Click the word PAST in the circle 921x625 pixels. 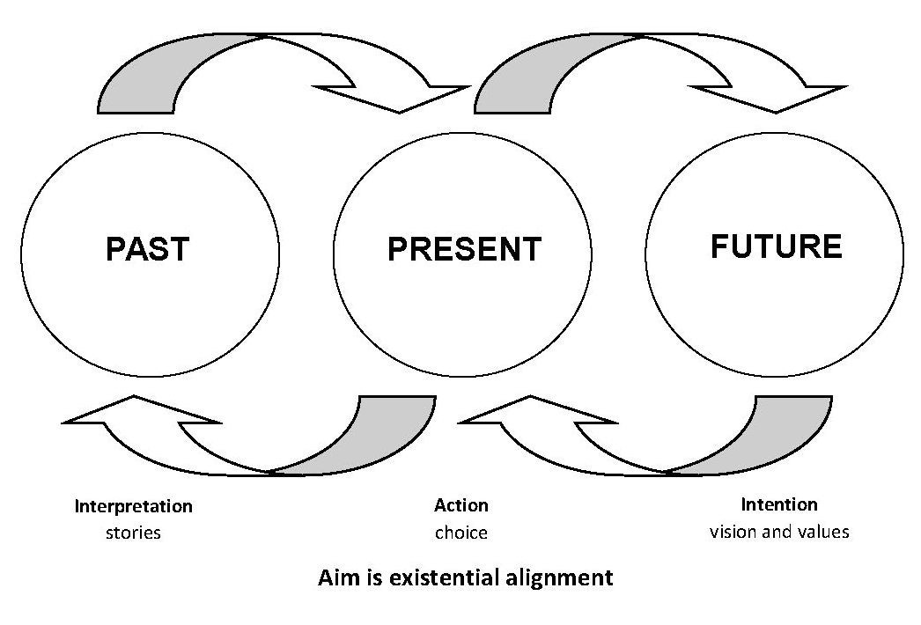click(x=147, y=249)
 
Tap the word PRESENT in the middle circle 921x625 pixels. click(x=464, y=249)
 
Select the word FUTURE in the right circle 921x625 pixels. click(x=776, y=246)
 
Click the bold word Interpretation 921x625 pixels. click(x=133, y=506)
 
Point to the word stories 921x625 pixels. click(x=133, y=533)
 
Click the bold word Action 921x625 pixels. click(x=460, y=505)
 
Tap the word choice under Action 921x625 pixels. click(x=460, y=533)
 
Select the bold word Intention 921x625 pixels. click(x=779, y=504)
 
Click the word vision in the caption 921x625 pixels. click(x=733, y=532)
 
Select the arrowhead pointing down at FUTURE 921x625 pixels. click(x=775, y=98)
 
